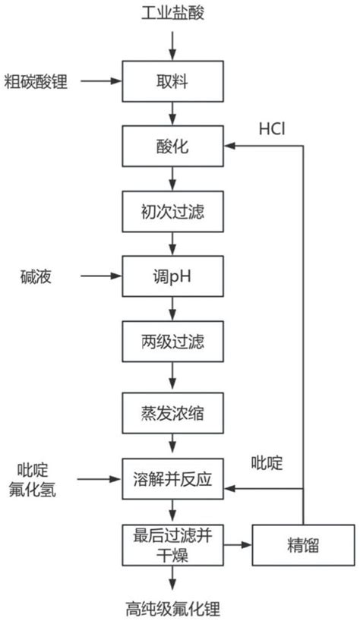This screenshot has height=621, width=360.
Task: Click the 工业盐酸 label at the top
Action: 173,12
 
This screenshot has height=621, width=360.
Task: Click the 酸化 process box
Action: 173,145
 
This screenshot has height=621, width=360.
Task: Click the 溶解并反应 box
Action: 173,480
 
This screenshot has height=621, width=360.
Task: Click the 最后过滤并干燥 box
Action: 173,544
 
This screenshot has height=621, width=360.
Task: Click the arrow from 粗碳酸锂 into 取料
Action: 103,80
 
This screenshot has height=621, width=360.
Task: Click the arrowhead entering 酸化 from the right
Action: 231,145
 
